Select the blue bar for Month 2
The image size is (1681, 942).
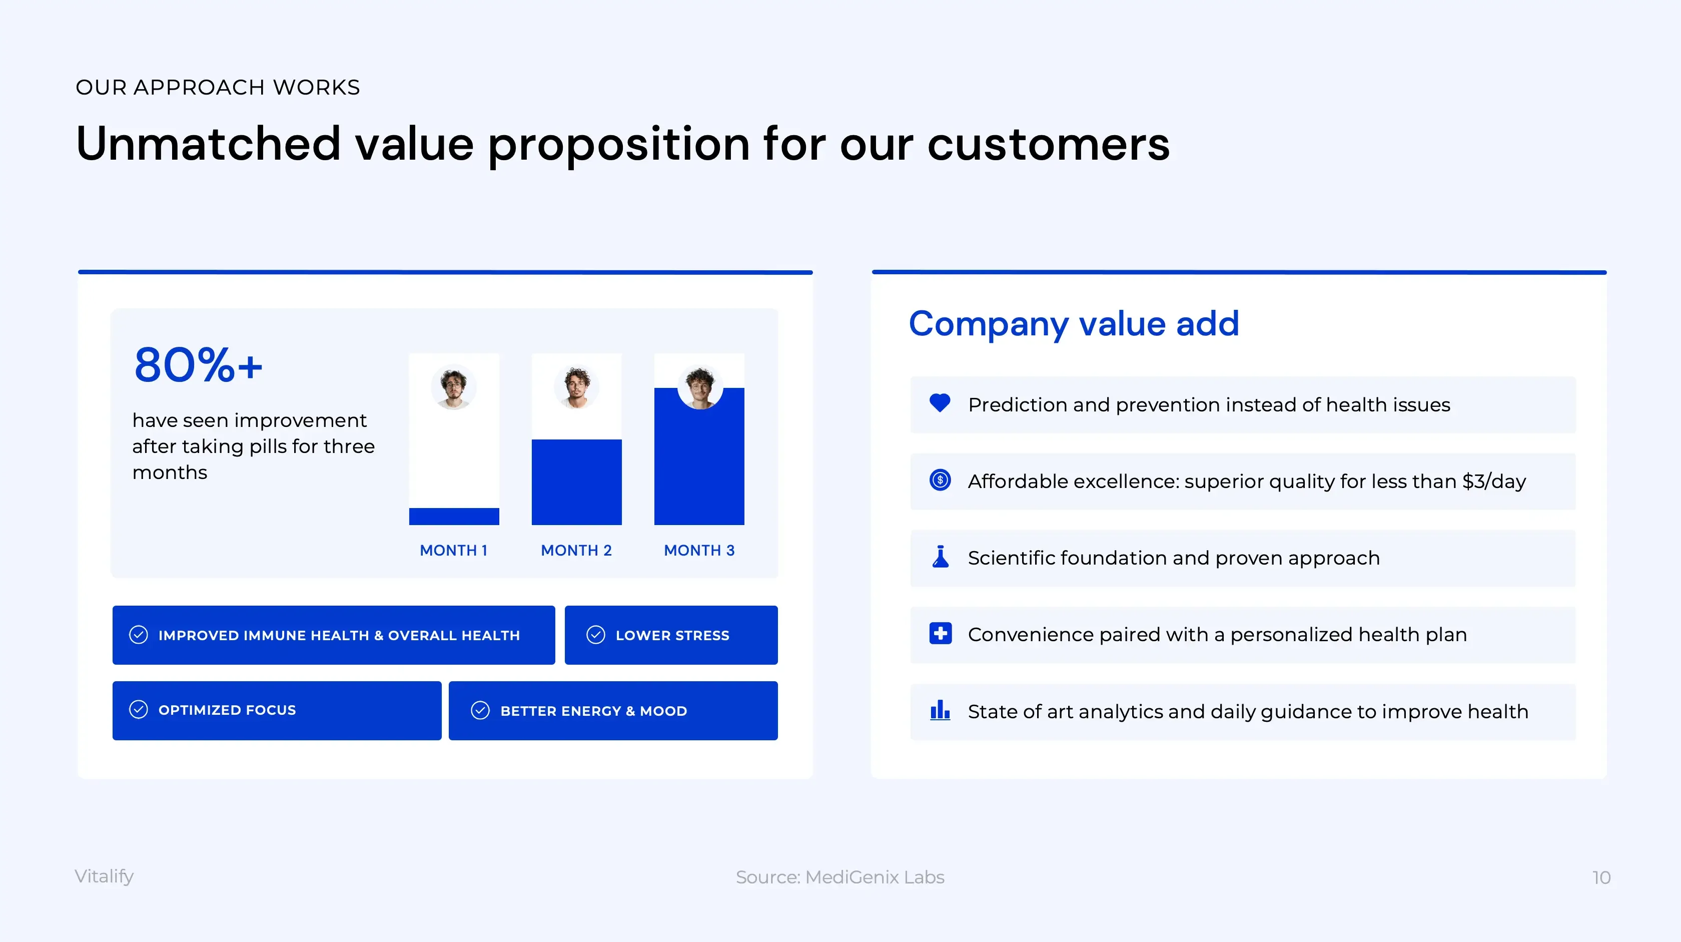(577, 482)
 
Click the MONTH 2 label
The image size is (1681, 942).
(576, 550)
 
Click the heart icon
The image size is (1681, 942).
(940, 403)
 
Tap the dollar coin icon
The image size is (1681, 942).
(940, 480)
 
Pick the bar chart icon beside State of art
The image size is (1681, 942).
(940, 710)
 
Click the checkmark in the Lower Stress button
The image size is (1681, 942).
(596, 635)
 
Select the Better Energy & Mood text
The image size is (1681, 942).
(594, 711)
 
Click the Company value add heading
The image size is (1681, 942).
(1074, 324)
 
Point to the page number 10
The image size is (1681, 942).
(1601, 877)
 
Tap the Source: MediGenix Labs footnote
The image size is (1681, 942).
(840, 877)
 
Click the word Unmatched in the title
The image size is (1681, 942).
(209, 144)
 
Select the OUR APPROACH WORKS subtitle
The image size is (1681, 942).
(218, 88)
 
